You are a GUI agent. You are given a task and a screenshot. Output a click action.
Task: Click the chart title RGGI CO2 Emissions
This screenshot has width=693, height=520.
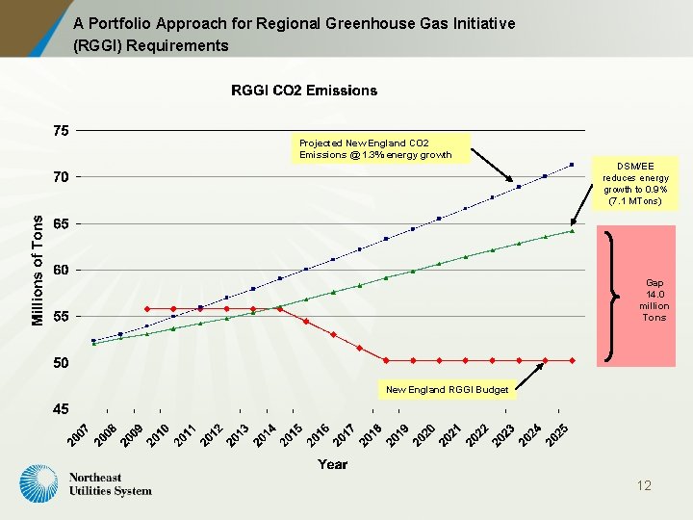(304, 91)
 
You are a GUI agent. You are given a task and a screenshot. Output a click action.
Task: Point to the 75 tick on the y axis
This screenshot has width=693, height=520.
(61, 131)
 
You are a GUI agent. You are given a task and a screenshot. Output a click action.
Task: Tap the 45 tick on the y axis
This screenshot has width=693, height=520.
(61, 409)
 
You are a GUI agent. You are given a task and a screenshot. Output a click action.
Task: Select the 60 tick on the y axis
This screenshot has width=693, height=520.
(61, 271)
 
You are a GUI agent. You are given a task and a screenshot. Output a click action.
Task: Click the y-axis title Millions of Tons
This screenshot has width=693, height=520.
(38, 270)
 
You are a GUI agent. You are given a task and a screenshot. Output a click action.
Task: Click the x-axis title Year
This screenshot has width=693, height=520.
(333, 464)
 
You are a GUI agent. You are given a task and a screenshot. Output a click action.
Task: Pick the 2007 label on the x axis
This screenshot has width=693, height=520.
(79, 434)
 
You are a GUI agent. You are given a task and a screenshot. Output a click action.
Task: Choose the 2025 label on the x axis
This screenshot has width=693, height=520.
(557, 434)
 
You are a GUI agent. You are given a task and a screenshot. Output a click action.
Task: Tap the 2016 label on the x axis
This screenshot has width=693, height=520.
(318, 434)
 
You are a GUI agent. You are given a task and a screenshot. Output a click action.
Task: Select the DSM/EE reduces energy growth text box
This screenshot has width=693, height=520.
(635, 183)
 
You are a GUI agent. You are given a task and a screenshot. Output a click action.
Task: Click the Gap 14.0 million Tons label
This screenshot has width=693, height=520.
(654, 300)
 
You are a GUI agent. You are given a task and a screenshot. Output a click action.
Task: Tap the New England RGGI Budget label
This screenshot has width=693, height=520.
(446, 390)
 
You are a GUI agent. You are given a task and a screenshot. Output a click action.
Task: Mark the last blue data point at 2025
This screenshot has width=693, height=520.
(572, 165)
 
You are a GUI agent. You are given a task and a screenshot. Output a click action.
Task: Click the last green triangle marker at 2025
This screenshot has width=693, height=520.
(572, 231)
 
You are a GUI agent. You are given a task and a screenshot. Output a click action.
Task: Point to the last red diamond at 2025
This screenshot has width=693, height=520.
(572, 360)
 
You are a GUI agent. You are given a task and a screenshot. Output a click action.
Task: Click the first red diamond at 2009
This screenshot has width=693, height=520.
(146, 309)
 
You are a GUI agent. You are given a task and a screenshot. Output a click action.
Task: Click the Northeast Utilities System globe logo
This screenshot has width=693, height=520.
(40, 483)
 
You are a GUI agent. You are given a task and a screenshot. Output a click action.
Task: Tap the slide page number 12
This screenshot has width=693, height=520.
(644, 485)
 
